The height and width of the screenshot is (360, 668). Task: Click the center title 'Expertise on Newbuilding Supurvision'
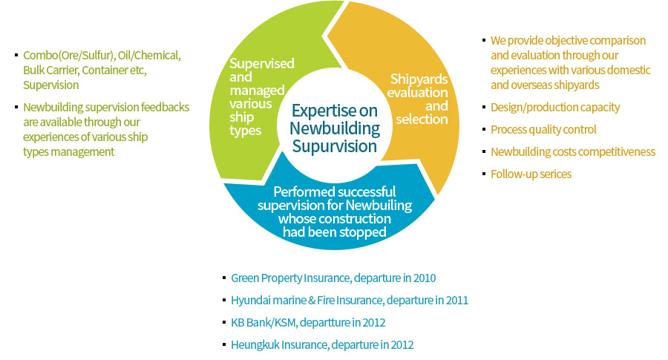[334, 128]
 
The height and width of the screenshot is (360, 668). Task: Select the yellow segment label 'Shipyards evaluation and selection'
[419, 99]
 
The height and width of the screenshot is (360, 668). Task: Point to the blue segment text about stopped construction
[334, 212]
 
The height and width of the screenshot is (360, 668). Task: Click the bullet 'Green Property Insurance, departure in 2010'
[333, 278]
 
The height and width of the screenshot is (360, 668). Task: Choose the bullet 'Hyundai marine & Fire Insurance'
[349, 301]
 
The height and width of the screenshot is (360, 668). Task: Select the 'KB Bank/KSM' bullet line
[308, 323]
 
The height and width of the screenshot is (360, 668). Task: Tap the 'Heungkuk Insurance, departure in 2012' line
[322, 345]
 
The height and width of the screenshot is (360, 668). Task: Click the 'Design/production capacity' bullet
[554, 108]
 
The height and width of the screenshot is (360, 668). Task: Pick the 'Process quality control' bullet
[543, 130]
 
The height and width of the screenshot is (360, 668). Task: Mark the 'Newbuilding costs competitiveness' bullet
[572, 152]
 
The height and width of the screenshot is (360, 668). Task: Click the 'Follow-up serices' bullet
[531, 174]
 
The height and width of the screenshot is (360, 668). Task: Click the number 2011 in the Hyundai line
[456, 301]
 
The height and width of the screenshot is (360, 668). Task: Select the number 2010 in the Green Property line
[424, 278]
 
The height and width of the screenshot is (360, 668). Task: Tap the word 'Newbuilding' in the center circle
[334, 128]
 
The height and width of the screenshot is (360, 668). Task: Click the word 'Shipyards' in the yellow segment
[419, 79]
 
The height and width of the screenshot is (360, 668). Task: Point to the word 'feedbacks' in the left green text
[167, 108]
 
